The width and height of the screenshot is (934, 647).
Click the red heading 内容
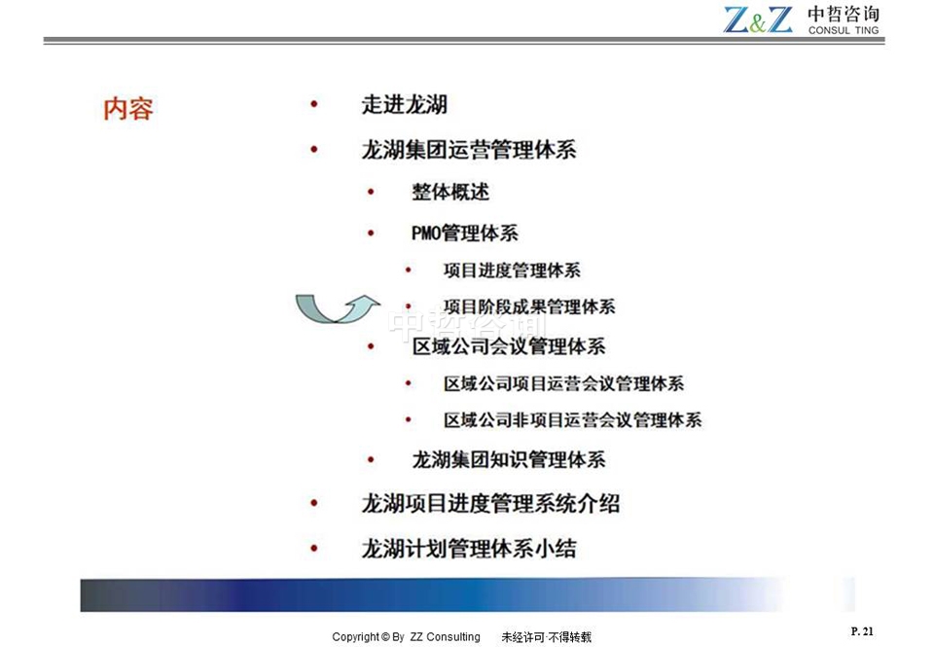click(128, 108)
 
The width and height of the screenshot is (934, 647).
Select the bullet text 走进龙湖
click(405, 105)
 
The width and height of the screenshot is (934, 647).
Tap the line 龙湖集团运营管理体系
click(469, 150)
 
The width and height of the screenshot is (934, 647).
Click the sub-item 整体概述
click(450, 192)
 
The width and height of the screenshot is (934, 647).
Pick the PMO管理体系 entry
click(465, 233)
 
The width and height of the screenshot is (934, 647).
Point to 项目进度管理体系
click(512, 270)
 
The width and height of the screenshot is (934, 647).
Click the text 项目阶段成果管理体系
click(529, 306)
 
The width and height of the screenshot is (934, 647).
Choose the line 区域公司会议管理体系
click(509, 346)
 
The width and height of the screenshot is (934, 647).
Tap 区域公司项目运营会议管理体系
click(563, 383)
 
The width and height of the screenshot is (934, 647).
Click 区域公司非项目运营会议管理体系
click(572, 420)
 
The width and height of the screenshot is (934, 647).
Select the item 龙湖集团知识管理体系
click(509, 459)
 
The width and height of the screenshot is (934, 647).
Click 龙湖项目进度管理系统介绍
click(490, 503)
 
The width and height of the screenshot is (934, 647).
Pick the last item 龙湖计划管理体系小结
click(469, 548)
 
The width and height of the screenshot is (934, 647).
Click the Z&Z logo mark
click(758, 19)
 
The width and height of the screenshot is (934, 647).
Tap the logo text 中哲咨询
click(843, 15)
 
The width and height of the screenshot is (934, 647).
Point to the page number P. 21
click(862, 630)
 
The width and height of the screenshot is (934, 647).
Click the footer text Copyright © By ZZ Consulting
click(406, 637)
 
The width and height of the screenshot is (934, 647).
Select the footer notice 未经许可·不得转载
click(546, 637)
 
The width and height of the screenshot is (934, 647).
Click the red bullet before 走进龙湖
click(314, 104)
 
